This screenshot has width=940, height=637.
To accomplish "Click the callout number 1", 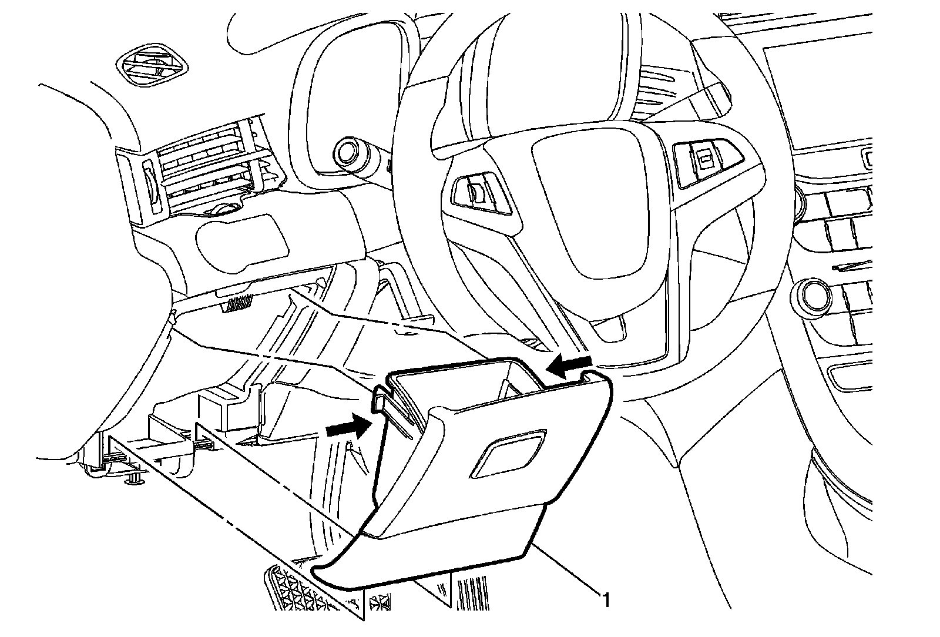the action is point(606,599).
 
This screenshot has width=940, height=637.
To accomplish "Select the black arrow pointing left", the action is point(569,364).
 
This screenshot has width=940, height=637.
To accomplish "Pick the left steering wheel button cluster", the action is point(482,193).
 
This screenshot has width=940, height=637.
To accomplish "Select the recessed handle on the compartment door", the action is point(508,453).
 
